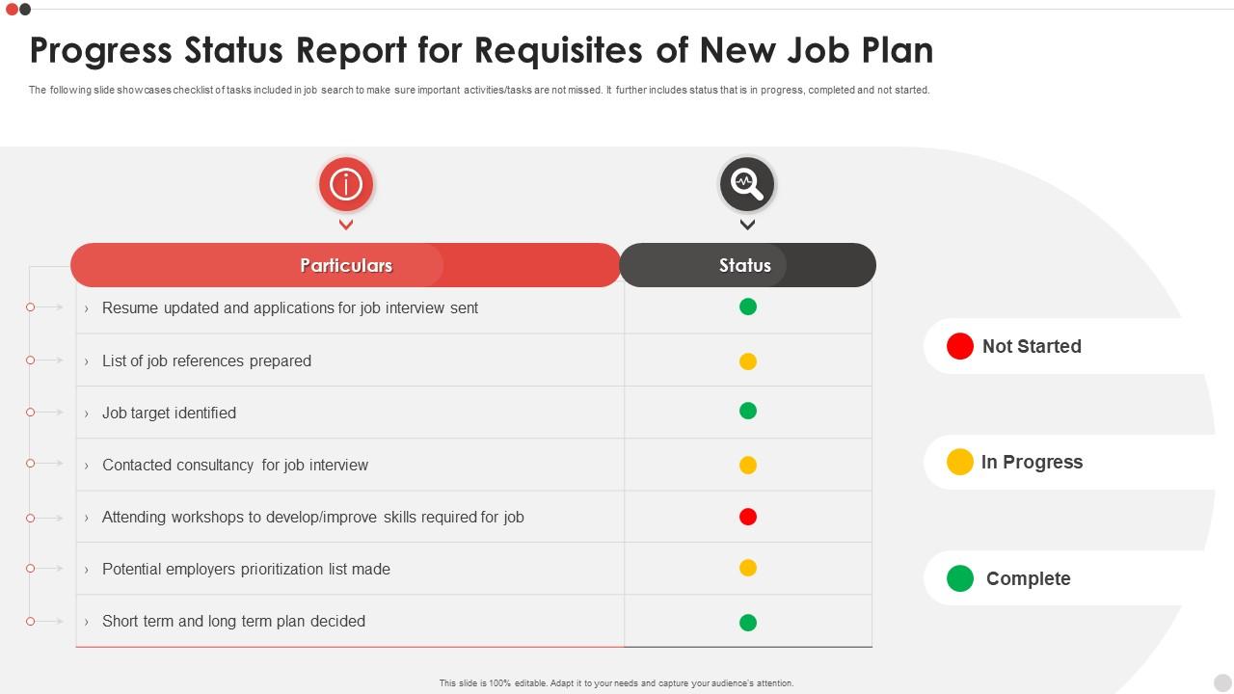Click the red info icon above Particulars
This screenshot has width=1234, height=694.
[x=346, y=184]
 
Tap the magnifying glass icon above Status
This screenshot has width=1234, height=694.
[x=747, y=183]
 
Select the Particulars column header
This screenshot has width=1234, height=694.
[x=346, y=265]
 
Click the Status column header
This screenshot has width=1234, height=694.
[x=745, y=265]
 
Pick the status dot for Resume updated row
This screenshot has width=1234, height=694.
[x=748, y=307]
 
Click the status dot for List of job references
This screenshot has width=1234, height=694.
[x=748, y=361]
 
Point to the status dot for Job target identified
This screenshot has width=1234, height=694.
[x=748, y=411]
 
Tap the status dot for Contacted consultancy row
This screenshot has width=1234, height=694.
[x=748, y=465]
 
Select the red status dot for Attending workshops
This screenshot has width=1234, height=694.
[x=748, y=517]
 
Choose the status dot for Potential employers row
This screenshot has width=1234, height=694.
[x=748, y=568]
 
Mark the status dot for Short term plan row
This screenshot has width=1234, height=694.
[x=748, y=623]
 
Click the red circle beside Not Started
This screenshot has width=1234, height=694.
[x=960, y=346]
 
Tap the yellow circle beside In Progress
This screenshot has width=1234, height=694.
[x=960, y=462]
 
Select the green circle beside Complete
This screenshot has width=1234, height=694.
[x=960, y=578]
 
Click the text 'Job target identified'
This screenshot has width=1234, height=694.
[x=169, y=413]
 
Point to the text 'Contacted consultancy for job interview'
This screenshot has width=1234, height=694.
[x=235, y=465]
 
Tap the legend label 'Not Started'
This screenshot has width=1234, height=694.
[x=1032, y=346]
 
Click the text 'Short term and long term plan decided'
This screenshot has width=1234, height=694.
[x=233, y=621]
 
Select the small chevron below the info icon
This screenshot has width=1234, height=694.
[x=346, y=225]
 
